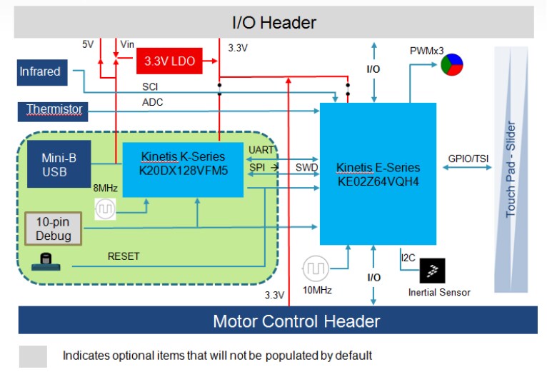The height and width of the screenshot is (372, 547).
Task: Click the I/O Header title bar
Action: point(273,22)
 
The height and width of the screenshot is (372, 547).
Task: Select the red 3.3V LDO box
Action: point(169,62)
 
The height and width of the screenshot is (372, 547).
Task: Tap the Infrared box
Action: point(39,71)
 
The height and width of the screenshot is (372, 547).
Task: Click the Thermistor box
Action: point(54,110)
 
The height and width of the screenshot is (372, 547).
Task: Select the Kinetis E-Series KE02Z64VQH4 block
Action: point(378,174)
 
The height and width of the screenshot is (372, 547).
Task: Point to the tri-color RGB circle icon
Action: point(451,66)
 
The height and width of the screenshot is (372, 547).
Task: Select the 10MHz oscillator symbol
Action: point(315,269)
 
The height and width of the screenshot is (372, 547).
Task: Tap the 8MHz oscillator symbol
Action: point(105,209)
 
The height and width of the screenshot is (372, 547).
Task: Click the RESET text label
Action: point(124,255)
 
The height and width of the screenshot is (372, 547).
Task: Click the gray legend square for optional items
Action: point(33,356)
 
